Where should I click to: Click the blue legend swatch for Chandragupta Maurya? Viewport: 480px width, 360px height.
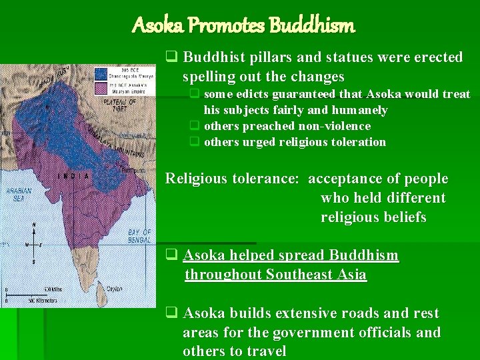[101, 73]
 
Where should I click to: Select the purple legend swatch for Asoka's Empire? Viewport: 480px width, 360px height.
[101, 88]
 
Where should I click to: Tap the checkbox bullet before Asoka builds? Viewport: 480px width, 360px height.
[171, 313]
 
